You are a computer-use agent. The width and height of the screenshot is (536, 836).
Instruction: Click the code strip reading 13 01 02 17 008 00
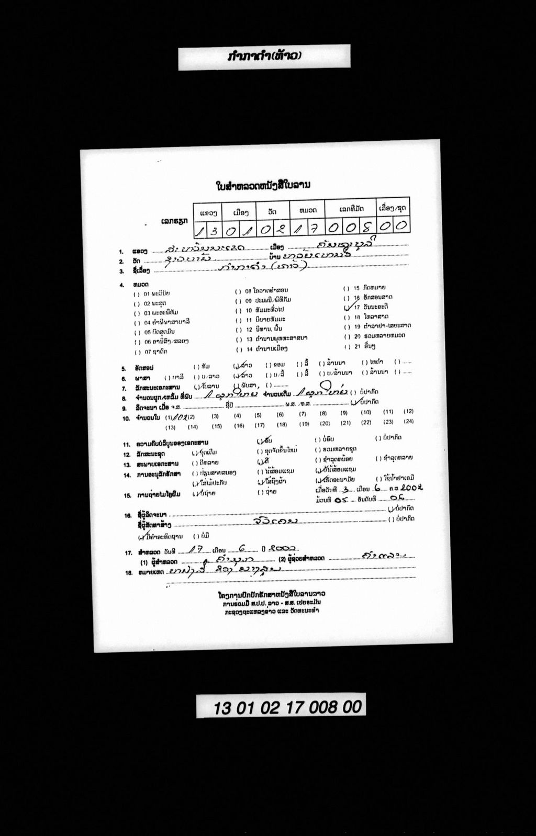tap(281, 707)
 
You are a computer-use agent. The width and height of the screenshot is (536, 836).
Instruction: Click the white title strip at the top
tap(264, 57)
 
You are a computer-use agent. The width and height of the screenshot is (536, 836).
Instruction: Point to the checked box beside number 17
tap(348, 307)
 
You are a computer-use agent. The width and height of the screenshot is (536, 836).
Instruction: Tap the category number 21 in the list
tap(358, 346)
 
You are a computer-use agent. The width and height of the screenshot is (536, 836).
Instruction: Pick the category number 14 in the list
tap(249, 348)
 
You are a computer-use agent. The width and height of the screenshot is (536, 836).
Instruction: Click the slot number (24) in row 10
tap(408, 421)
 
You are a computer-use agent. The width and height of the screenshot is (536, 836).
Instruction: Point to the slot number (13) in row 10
tap(171, 427)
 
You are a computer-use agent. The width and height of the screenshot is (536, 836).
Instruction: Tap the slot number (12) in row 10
tap(408, 411)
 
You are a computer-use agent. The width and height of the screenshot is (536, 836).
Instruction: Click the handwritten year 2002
tap(411, 487)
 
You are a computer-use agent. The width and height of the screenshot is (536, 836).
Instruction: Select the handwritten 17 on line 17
tap(196, 549)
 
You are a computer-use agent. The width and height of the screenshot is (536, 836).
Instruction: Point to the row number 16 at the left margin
tap(128, 515)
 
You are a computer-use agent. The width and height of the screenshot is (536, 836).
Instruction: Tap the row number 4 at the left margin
tap(121, 285)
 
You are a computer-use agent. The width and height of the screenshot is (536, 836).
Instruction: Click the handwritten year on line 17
tap(283, 548)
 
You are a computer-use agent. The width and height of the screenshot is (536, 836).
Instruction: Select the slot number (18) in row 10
tap(282, 425)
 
